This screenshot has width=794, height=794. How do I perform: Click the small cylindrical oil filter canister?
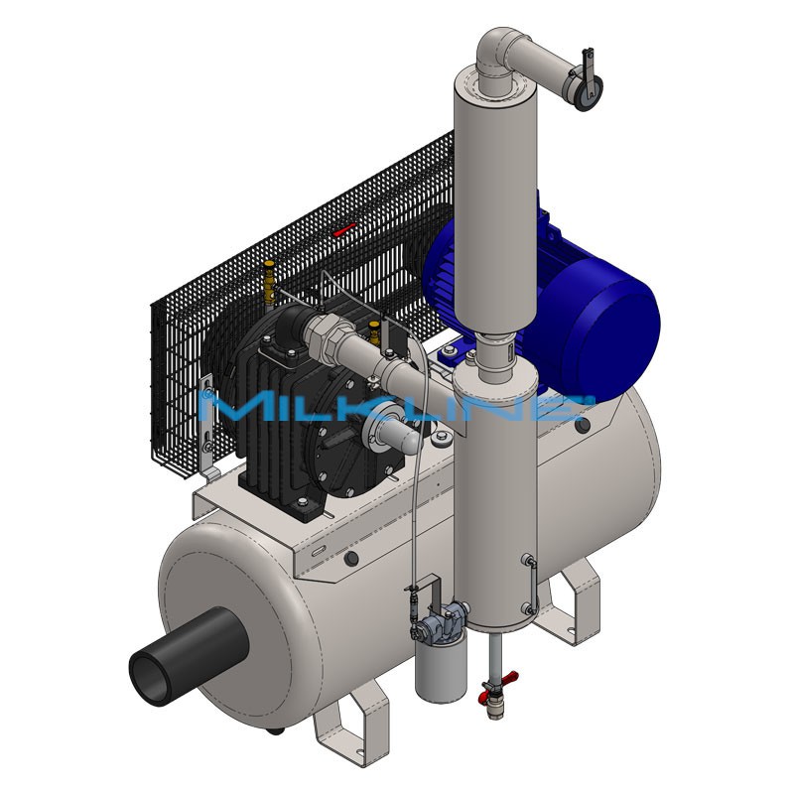(x=441, y=669)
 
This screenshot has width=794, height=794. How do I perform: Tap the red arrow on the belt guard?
(x=343, y=230)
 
